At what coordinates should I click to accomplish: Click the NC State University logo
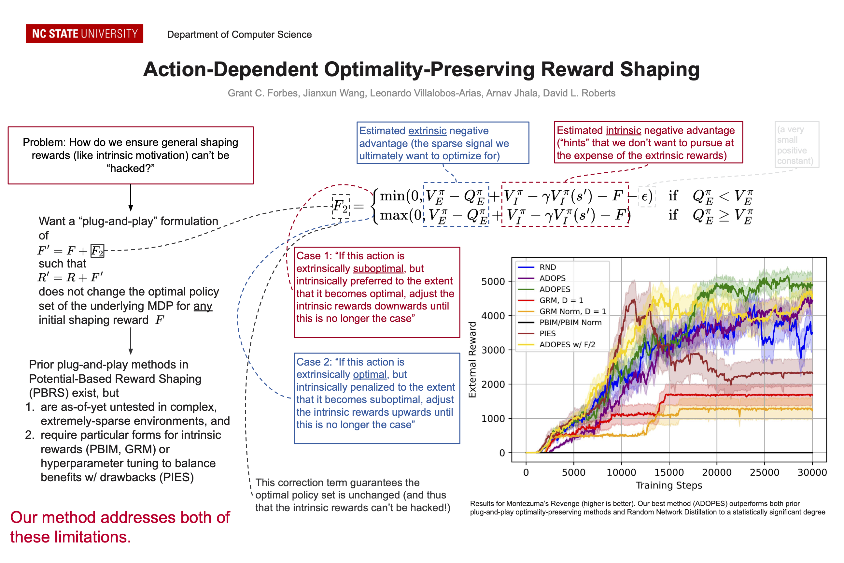coord(84,34)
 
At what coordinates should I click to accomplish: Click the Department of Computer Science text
coord(239,35)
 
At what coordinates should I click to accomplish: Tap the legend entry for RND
coord(547,267)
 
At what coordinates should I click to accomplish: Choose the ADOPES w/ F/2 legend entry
coord(567,345)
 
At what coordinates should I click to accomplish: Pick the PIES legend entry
coord(547,334)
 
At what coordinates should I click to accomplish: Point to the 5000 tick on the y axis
coord(493,282)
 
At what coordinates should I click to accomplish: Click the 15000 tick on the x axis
coord(669,472)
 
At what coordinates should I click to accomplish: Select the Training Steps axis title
coord(669,485)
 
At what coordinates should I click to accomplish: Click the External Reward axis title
coord(472,359)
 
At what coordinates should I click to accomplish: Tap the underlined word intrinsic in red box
coord(623,130)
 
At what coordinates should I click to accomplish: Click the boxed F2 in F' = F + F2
coord(97,251)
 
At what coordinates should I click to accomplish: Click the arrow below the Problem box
coord(131,198)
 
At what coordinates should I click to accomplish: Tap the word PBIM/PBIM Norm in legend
coord(570,323)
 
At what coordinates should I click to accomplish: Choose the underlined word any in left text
coord(203,306)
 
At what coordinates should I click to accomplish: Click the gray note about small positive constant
coord(797,145)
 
